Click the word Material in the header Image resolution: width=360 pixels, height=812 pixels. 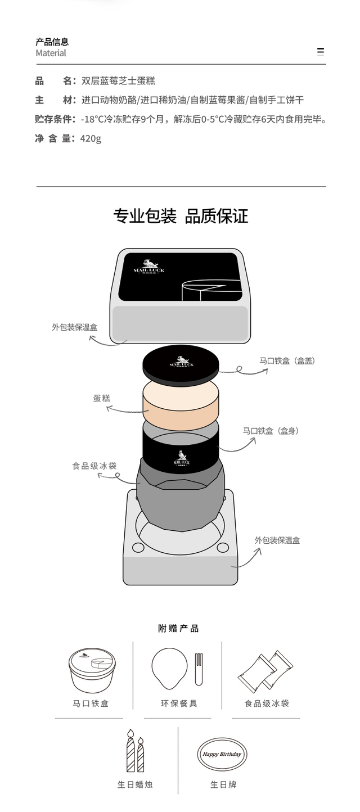click(x=51, y=53)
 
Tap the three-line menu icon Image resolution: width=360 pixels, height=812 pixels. click(x=320, y=52)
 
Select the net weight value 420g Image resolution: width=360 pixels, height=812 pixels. click(x=91, y=138)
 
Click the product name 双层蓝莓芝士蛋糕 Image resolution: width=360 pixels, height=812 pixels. click(x=118, y=81)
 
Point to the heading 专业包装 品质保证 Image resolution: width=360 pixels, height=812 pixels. click(x=181, y=216)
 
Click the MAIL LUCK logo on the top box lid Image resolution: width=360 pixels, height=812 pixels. click(x=149, y=266)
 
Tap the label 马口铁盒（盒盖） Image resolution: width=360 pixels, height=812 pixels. click(x=287, y=360)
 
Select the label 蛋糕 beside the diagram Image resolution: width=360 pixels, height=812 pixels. click(x=101, y=398)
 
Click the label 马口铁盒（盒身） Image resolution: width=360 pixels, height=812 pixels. click(x=271, y=431)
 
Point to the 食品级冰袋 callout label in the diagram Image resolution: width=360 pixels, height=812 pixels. click(x=94, y=466)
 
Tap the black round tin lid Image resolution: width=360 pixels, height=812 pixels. click(x=181, y=364)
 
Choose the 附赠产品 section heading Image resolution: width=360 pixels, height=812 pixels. click(x=178, y=628)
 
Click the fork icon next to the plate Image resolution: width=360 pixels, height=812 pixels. click(x=199, y=669)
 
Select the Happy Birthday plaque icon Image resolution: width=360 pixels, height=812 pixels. click(x=222, y=754)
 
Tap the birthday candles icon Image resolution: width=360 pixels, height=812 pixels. click(x=135, y=750)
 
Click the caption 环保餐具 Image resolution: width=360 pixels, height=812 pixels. click(x=179, y=703)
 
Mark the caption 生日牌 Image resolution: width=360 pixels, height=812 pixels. click(x=223, y=784)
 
